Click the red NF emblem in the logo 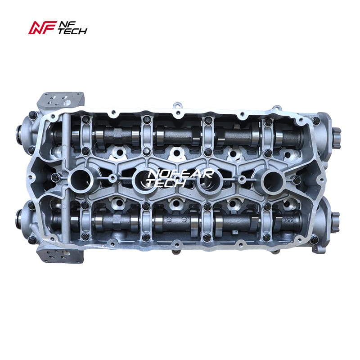click(x=42, y=27)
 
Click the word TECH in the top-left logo click(x=72, y=31)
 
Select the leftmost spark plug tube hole click(x=81, y=179)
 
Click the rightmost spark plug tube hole click(x=273, y=180)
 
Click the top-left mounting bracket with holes click(x=60, y=100)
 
